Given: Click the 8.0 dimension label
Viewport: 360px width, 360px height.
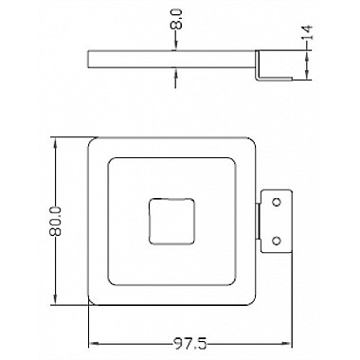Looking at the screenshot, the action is (x=176, y=19).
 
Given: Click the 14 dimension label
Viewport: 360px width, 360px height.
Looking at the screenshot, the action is (x=307, y=32).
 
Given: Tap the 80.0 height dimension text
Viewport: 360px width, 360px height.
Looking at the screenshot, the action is (x=56, y=222).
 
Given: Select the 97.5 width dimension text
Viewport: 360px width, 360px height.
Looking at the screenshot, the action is (x=189, y=343).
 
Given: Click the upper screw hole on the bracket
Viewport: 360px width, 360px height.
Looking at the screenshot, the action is (x=277, y=202).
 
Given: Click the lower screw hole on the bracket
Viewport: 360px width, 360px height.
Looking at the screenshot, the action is (x=277, y=241).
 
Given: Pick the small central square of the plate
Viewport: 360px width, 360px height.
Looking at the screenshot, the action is (x=171, y=222).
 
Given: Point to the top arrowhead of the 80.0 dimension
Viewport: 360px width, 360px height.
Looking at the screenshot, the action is (x=56, y=144).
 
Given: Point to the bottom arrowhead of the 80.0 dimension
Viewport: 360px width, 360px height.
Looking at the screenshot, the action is (x=56, y=299).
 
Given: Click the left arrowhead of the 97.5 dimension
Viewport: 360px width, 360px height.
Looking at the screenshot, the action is (x=95, y=343).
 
